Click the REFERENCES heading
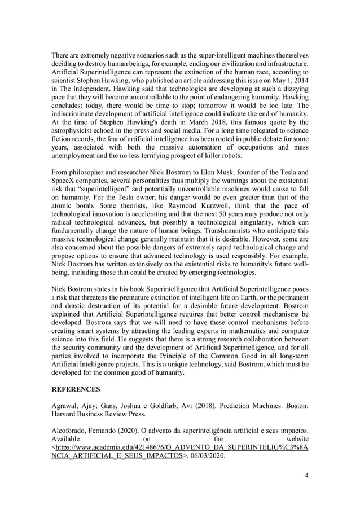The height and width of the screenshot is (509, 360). (x=77, y=389)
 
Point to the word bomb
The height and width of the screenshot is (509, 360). (x=82, y=210)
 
